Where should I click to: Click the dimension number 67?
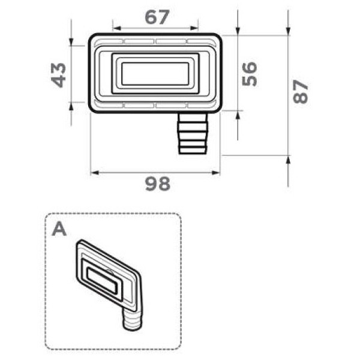coord(157,17)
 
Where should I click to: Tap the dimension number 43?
coord(58,75)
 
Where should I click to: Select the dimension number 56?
coord(250,74)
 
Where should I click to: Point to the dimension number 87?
coord(301,91)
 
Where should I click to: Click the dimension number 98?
coord(158,184)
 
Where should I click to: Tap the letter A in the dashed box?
coord(59,230)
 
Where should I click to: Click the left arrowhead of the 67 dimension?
coord(117,28)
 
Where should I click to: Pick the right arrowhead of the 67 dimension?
coord(194,28)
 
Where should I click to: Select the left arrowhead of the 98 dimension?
coord(95,173)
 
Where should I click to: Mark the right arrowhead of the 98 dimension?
coord(216,173)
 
